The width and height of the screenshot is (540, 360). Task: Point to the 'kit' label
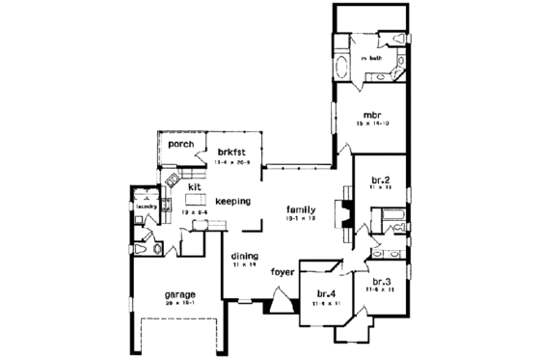pos(193,187)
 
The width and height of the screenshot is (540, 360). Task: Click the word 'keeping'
pos(232,202)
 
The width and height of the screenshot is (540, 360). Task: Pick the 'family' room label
pos(304,208)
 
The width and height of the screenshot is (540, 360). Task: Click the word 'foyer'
pos(283,271)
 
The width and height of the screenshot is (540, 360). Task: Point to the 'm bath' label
pos(372,59)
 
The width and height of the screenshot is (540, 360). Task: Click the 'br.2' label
pos(379,180)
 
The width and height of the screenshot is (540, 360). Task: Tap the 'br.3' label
pos(381,282)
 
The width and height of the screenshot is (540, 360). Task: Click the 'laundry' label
pos(147,206)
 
